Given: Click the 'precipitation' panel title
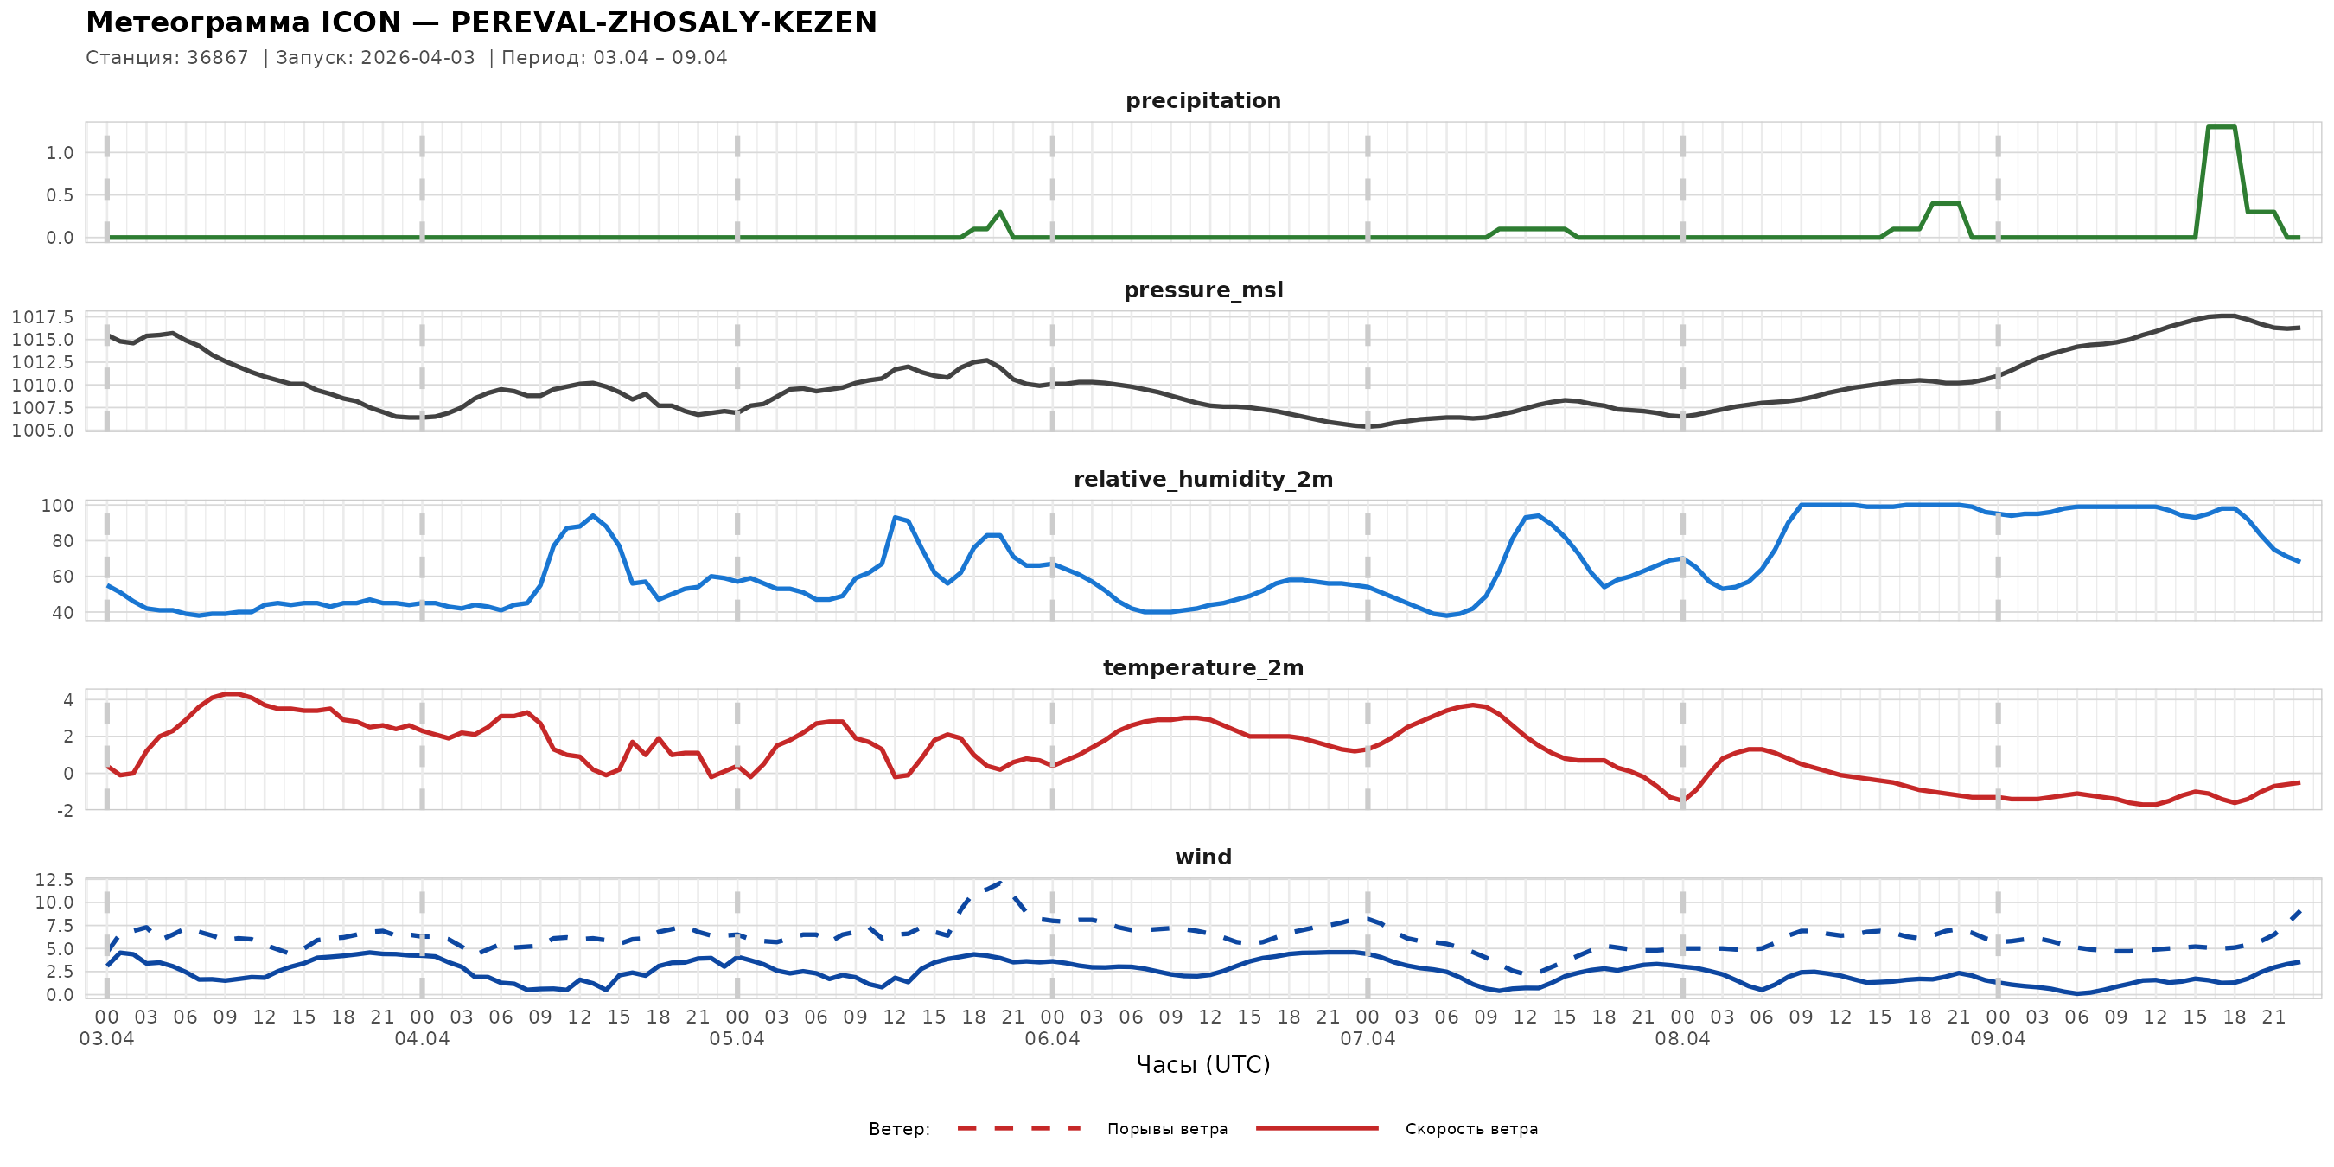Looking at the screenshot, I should pyautogui.click(x=1202, y=100).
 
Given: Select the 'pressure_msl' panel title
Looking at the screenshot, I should pyautogui.click(x=1202, y=290).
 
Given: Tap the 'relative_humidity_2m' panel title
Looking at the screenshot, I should pyautogui.click(x=1202, y=479).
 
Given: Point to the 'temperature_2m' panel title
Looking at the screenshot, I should pyautogui.click(x=1202, y=667).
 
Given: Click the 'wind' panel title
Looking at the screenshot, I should pyautogui.click(x=1202, y=858).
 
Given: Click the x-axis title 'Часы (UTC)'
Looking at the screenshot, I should pyautogui.click(x=1202, y=1065).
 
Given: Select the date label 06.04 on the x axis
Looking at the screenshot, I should pyautogui.click(x=1052, y=1039).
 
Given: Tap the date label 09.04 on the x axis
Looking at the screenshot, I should pyautogui.click(x=1997, y=1039).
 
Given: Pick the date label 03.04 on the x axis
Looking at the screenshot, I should pyautogui.click(x=107, y=1039).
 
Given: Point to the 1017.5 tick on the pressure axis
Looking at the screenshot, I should pyautogui.click(x=42, y=317).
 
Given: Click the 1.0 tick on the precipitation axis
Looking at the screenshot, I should pyautogui.click(x=60, y=153).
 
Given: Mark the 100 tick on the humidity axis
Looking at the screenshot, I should pyautogui.click(x=57, y=506).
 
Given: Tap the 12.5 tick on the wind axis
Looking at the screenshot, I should pyautogui.click(x=54, y=880).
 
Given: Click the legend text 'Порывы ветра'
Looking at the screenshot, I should pyautogui.click(x=1167, y=1129).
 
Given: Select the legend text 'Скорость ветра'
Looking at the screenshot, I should pyautogui.click(x=1470, y=1129).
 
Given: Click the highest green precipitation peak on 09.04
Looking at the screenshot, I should pyautogui.click(x=2221, y=127).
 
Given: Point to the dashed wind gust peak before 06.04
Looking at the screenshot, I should pyautogui.click(x=1000, y=881).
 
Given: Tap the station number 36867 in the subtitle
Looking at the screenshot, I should pyautogui.click(x=218, y=58).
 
